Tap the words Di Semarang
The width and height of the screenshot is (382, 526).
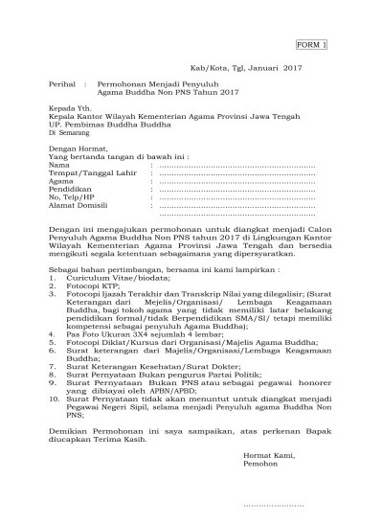(x=72, y=132)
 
